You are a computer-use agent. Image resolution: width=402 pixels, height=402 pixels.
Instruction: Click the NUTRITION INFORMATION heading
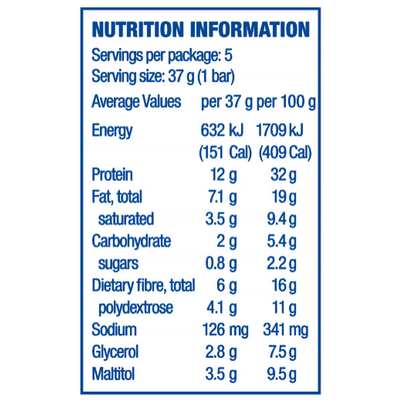click(200, 29)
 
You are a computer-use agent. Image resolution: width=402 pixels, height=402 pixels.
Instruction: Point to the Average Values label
click(136, 103)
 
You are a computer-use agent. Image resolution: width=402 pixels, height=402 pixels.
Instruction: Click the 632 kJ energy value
click(222, 130)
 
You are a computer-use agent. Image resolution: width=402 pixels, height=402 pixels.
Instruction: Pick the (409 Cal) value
click(285, 153)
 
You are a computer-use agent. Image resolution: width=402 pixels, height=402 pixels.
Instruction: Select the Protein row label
click(112, 175)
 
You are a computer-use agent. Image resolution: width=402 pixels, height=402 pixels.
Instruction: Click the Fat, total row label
click(117, 197)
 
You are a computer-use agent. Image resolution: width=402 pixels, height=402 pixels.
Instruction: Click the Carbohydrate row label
click(131, 241)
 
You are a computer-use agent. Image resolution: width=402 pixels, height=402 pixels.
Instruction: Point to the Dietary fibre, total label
click(143, 285)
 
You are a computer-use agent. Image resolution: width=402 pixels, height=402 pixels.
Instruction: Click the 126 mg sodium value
click(224, 330)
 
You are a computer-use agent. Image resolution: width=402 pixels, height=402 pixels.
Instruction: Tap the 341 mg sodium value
click(287, 330)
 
